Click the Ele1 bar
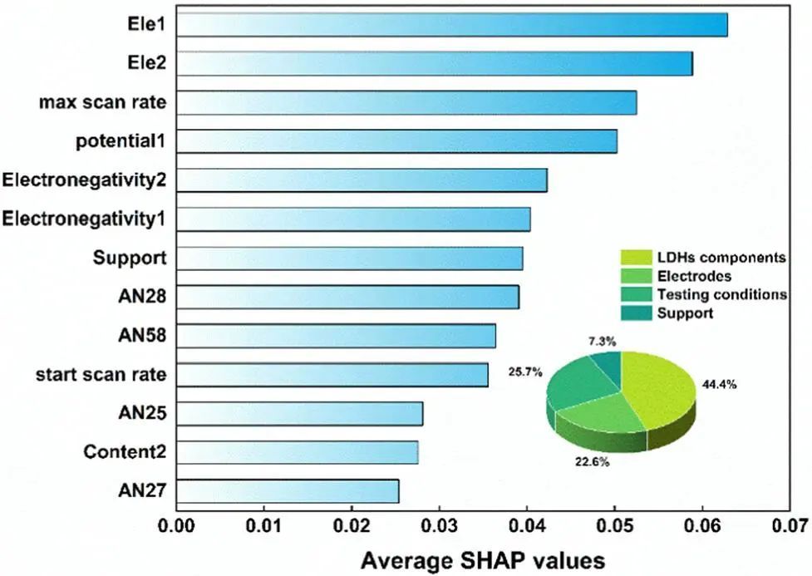[x=452, y=25]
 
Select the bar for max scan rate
[x=406, y=102]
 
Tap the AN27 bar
[x=288, y=491]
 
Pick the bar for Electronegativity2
[x=362, y=180]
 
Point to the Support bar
[x=350, y=258]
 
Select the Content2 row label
[x=125, y=452]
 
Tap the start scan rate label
[x=101, y=375]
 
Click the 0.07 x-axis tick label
[x=790, y=526]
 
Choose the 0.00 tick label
[x=177, y=526]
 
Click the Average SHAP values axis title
[x=483, y=559]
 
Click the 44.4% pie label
[x=716, y=385]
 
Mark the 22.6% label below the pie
[x=592, y=461]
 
